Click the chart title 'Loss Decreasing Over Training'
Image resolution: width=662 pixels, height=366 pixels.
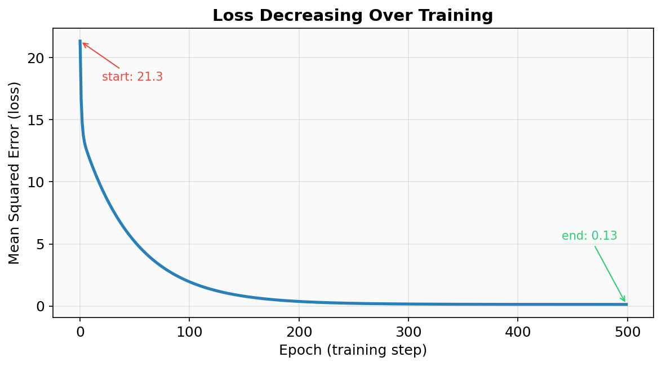tap(352, 16)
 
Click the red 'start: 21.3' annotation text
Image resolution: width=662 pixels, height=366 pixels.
tap(132, 77)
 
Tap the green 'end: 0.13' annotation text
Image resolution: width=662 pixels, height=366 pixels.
tap(589, 236)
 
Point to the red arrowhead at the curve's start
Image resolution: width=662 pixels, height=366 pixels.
tap(83, 43)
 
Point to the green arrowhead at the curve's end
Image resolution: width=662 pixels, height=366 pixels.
tap(624, 300)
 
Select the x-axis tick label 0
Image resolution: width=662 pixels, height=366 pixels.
tap(80, 332)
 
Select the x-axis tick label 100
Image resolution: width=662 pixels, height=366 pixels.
tap(189, 332)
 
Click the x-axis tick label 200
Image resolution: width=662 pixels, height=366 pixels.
tap(299, 332)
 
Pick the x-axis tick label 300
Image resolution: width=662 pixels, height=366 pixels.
tap(408, 332)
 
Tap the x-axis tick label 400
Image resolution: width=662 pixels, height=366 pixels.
tap(517, 332)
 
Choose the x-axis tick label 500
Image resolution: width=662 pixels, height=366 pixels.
tap(627, 332)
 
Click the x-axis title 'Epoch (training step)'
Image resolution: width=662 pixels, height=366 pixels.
tap(353, 350)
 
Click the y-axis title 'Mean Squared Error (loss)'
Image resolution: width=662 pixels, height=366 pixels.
tap(15, 173)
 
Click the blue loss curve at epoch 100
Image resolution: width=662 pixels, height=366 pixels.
tap(189, 282)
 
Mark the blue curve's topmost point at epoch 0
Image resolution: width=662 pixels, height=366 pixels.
tap(80, 42)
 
